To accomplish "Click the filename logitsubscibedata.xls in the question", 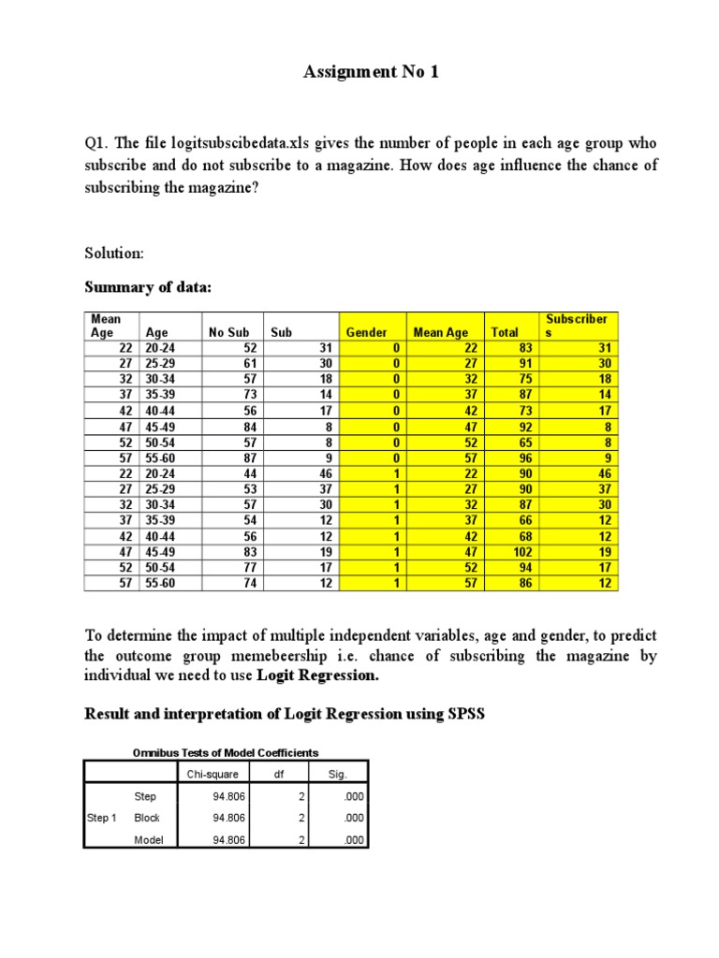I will [x=237, y=143].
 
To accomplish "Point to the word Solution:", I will [x=114, y=254].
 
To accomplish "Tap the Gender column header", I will [x=366, y=332].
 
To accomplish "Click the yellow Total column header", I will [x=504, y=332].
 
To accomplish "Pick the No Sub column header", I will [x=228, y=332].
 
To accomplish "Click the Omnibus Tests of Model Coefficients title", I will [x=225, y=752].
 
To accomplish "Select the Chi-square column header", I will [x=212, y=774].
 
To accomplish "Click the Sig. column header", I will [x=339, y=774].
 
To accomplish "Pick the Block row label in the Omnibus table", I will [x=147, y=817].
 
